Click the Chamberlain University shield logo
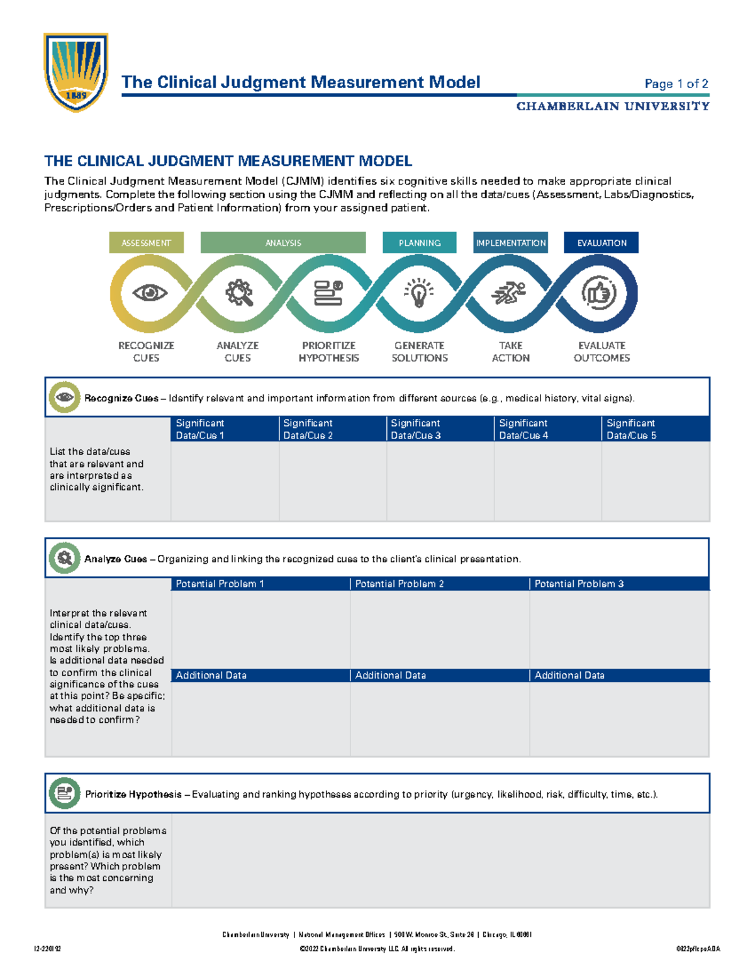point(75,72)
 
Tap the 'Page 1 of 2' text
point(676,84)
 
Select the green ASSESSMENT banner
point(146,243)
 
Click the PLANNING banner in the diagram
point(419,243)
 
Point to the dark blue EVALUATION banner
point(601,243)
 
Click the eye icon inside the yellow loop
point(150,293)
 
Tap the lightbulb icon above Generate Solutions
point(419,293)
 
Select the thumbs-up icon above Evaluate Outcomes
point(598,293)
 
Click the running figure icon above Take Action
point(509,293)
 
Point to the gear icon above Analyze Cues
point(239,293)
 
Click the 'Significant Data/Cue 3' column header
point(440,429)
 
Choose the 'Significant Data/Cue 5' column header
point(655,429)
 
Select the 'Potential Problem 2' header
point(439,584)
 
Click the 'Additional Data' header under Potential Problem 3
point(619,675)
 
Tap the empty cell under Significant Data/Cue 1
point(225,481)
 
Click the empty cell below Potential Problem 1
point(260,629)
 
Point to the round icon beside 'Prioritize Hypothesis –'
point(64,793)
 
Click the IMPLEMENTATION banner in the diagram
point(510,243)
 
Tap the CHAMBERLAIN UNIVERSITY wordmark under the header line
point(613,106)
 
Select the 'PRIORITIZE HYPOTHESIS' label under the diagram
point(328,352)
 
